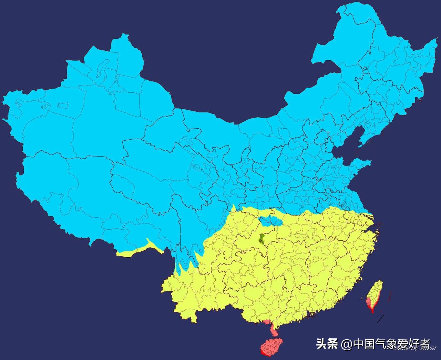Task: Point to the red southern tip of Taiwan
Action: point(372,310)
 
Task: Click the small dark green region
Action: point(262,239)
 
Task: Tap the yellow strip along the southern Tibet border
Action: point(138,250)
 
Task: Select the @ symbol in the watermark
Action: point(346,344)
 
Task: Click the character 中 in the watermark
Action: point(359,344)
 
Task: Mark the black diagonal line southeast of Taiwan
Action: point(380,319)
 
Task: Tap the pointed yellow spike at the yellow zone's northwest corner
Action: point(234,207)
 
